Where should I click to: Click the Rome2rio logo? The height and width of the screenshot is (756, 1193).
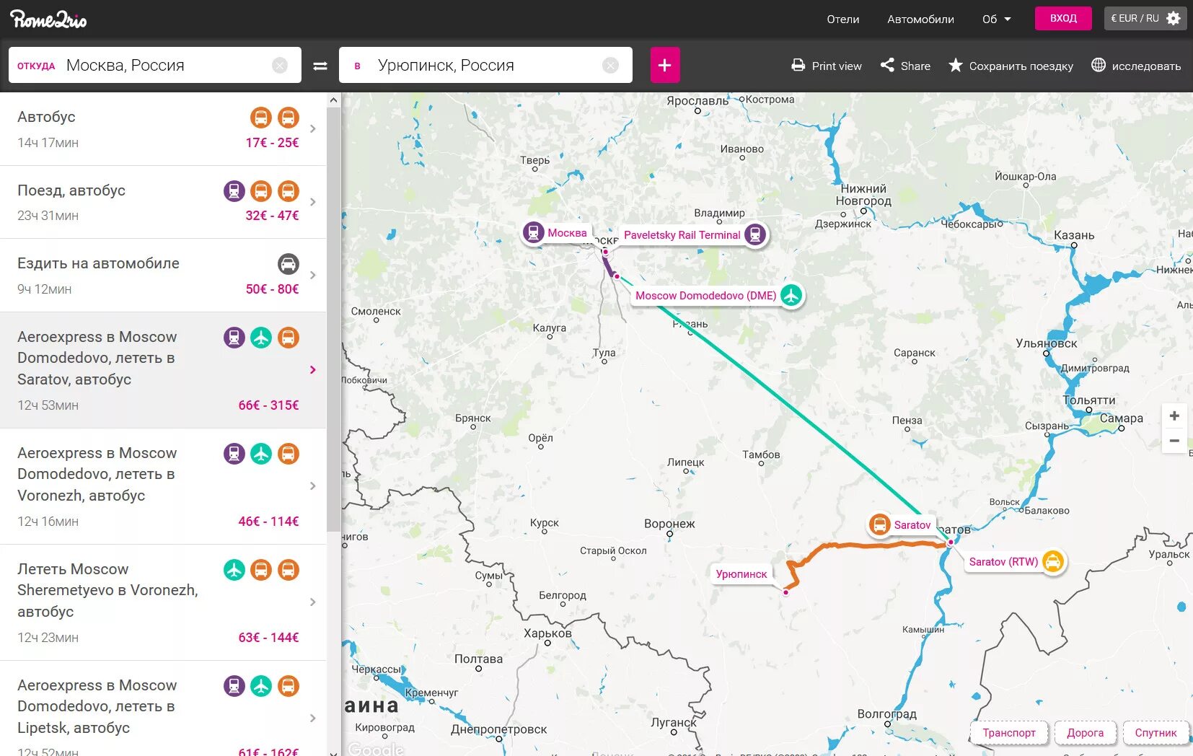(48, 19)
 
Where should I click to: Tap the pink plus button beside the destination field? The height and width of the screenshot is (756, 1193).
(664, 66)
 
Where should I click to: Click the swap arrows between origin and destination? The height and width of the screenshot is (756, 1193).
(320, 66)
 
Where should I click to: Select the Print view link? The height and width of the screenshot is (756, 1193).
(827, 66)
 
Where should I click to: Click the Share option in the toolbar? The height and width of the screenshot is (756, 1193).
(905, 66)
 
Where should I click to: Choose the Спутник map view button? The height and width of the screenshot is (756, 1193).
(1155, 732)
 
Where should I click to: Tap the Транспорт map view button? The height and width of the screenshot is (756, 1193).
(1008, 732)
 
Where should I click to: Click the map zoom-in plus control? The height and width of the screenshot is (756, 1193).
(1174, 416)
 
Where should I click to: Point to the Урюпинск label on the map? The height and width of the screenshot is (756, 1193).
(741, 574)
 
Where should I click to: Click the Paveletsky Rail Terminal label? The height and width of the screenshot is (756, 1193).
(682, 235)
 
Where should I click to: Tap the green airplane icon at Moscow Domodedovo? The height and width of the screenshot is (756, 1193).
(791, 295)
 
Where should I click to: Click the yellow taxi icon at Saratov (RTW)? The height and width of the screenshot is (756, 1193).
(1052, 561)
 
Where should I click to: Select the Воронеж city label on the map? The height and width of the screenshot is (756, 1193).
(669, 524)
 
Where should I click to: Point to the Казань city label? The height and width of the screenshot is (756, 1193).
(1074, 235)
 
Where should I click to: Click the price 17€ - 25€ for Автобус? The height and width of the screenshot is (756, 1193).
(272, 143)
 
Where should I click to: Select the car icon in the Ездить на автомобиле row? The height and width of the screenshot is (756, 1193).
(288, 264)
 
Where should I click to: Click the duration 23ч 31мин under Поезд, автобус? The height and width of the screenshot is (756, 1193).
(48, 216)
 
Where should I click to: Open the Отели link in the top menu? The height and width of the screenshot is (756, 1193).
(842, 19)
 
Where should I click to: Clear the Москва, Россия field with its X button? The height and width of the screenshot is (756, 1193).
(280, 66)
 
